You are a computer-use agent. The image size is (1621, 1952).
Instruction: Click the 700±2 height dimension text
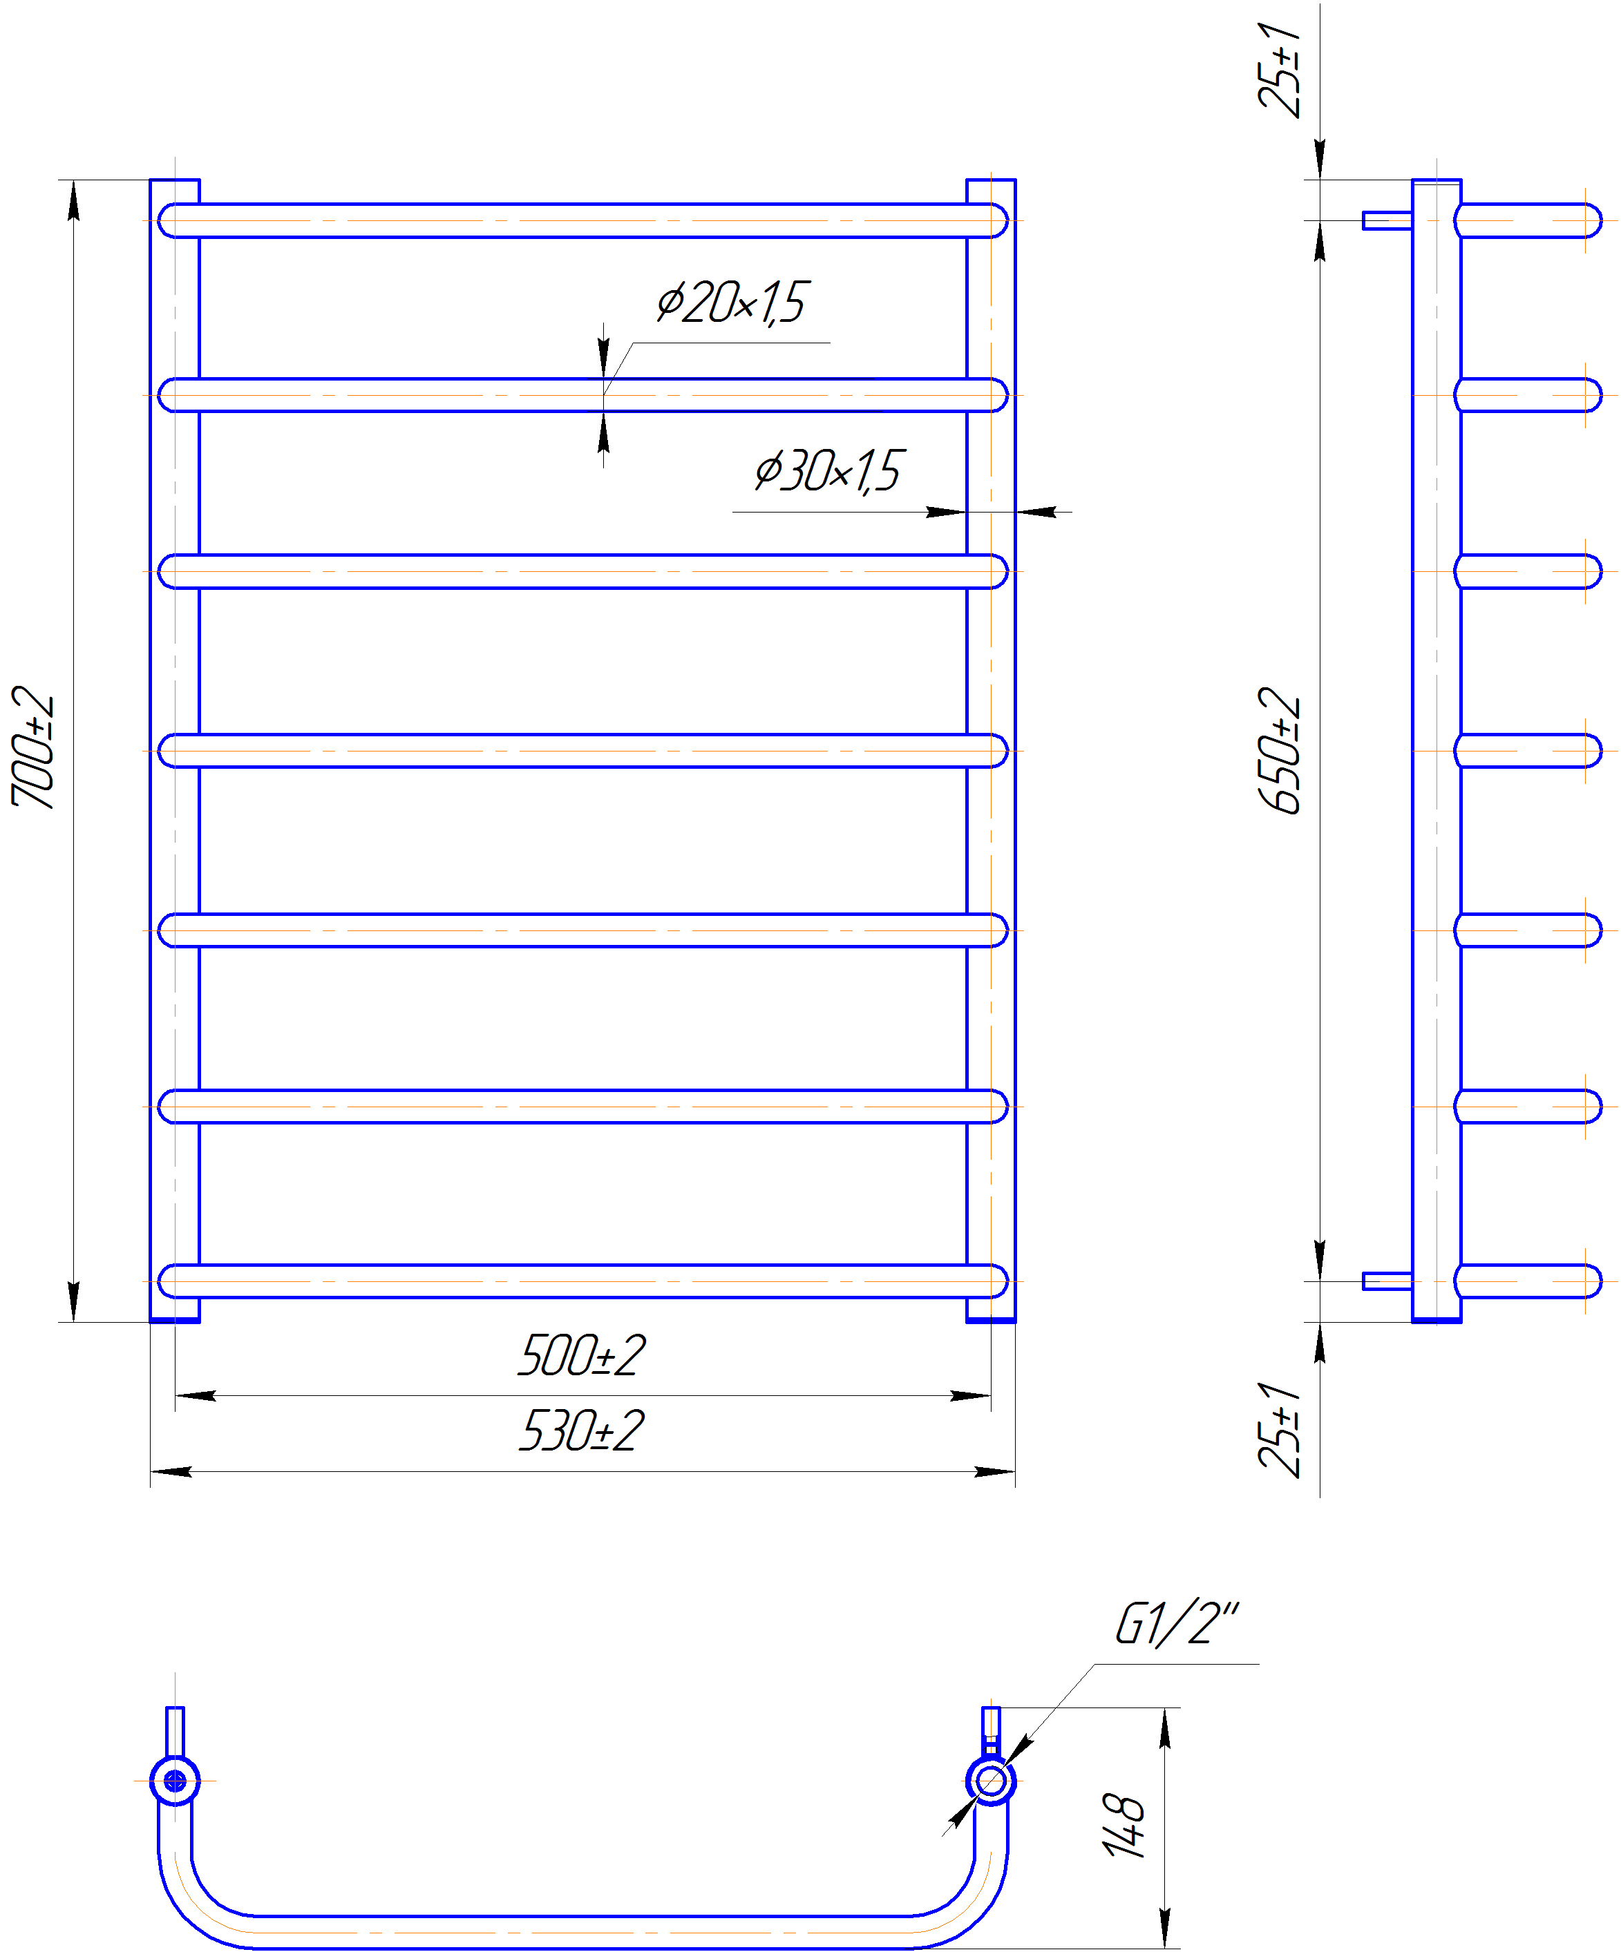pos(33,747)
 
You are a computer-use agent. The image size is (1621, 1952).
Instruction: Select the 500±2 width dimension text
pos(581,1356)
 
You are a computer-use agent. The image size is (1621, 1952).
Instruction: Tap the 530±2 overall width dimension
pos(581,1430)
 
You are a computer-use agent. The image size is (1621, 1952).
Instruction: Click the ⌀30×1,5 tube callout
pos(827,471)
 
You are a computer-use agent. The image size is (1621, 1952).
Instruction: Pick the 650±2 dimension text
pos(1280,751)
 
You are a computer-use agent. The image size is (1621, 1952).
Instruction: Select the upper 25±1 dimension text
pos(1280,70)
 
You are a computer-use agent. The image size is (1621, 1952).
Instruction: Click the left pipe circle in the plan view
pos(175,1781)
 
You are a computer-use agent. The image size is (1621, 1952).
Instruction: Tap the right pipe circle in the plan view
pos(992,1781)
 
